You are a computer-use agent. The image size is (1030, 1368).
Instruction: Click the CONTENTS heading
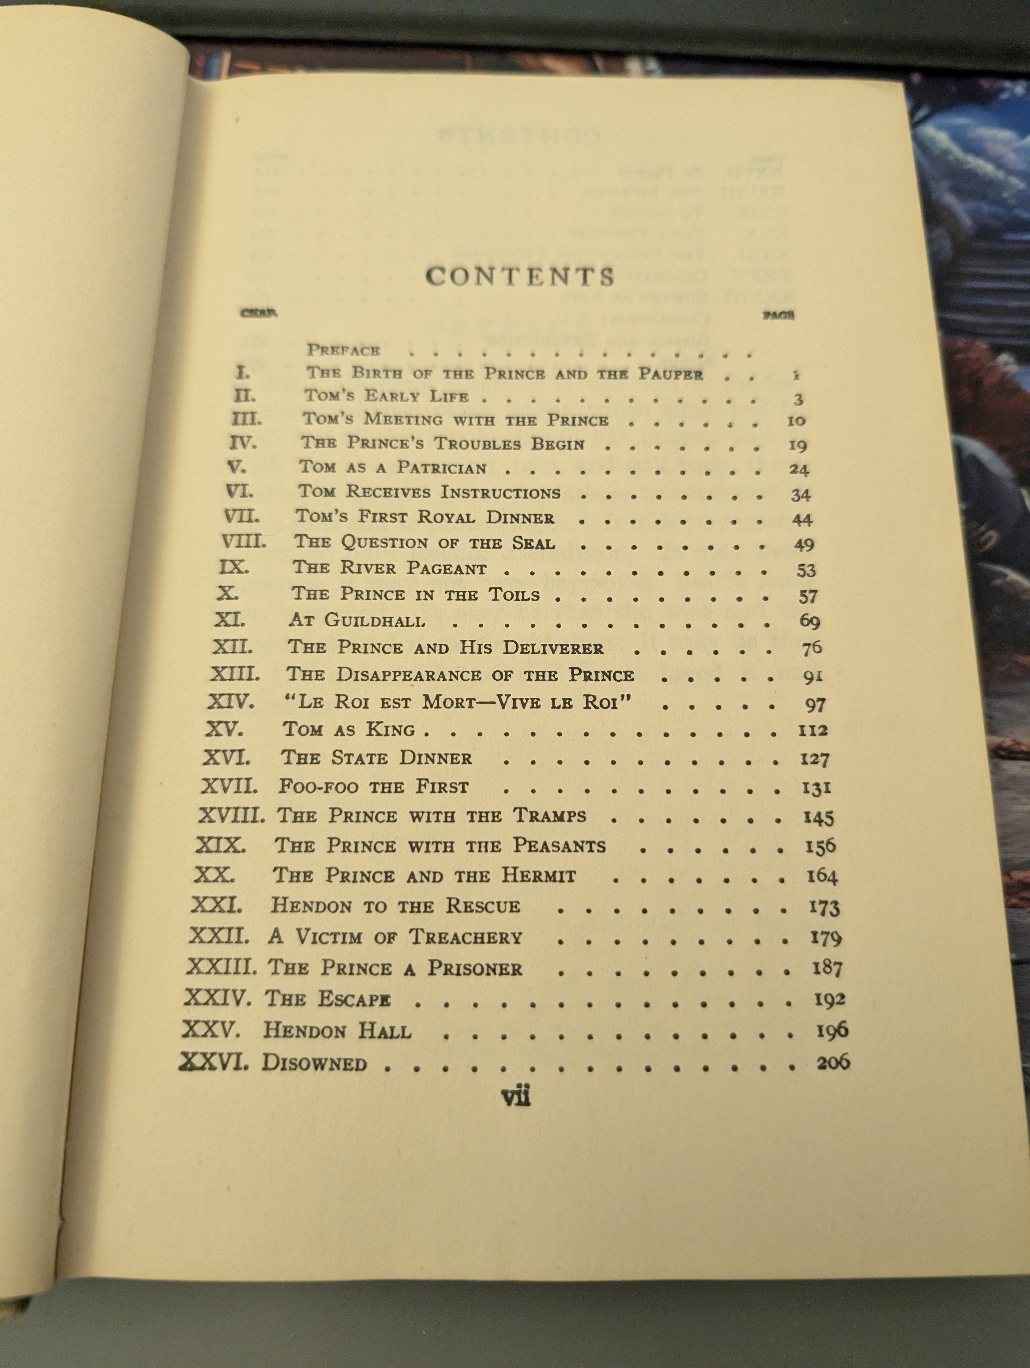(x=520, y=276)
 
